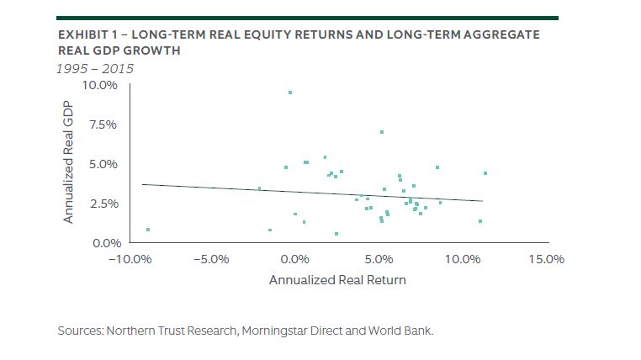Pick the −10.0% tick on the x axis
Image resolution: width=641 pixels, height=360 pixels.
pos(128,259)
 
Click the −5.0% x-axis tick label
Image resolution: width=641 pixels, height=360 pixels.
pos(211,259)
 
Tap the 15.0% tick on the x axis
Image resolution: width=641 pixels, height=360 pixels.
pos(544,259)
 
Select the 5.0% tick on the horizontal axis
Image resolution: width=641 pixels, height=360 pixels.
pos(379,259)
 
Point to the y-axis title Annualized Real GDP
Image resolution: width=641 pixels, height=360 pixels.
pos(69,164)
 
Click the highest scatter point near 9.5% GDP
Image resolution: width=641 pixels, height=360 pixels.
pos(290,93)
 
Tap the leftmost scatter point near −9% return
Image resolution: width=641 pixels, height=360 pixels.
pos(148,230)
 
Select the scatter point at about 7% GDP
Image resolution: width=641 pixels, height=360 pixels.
pos(381,132)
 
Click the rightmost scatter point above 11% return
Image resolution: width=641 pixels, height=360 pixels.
pos(485,173)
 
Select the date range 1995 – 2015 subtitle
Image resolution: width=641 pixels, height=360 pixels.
pos(95,68)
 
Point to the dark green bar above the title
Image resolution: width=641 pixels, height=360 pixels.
pos(307,17)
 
